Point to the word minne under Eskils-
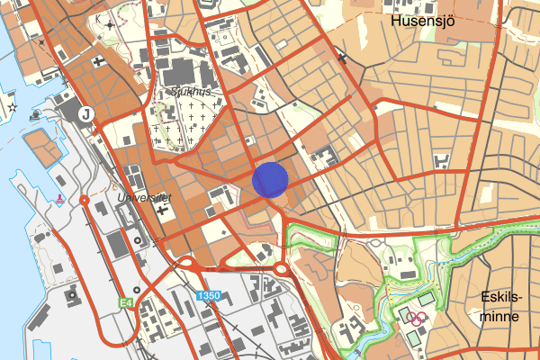point(500,317)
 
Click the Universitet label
point(143,196)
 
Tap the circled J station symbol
point(86,113)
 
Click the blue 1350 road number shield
point(209,295)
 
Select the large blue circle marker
point(270,179)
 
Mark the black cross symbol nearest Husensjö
point(342,58)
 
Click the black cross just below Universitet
point(162,211)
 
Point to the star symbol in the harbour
point(12,107)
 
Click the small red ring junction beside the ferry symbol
point(85,199)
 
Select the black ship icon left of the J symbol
point(36,114)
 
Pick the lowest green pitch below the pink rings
point(411,337)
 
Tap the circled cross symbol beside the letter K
point(110,24)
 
